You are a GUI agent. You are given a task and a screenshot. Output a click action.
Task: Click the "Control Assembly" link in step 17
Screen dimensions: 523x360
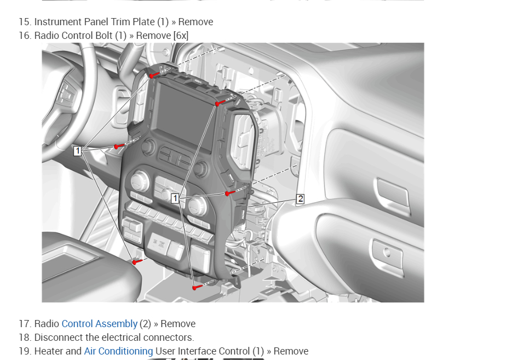[99, 324]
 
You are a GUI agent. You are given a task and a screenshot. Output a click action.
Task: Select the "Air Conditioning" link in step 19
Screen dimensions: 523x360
[118, 351]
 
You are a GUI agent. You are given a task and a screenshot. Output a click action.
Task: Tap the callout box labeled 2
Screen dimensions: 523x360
[300, 199]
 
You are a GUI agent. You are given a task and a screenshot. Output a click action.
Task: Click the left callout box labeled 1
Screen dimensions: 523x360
[78, 151]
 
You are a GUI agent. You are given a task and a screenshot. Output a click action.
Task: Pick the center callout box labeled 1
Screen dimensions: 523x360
[175, 198]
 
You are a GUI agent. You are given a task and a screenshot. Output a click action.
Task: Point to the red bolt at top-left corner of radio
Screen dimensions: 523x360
[152, 76]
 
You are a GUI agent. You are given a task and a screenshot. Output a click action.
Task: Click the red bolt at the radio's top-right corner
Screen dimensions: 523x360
[218, 104]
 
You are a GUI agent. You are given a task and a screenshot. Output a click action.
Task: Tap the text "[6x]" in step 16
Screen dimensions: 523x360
[181, 36]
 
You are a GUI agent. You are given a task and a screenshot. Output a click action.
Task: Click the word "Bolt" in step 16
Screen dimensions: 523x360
[104, 36]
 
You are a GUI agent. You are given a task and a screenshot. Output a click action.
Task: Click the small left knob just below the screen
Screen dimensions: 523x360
[148, 146]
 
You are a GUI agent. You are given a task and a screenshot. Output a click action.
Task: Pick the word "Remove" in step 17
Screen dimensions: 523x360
[178, 324]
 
